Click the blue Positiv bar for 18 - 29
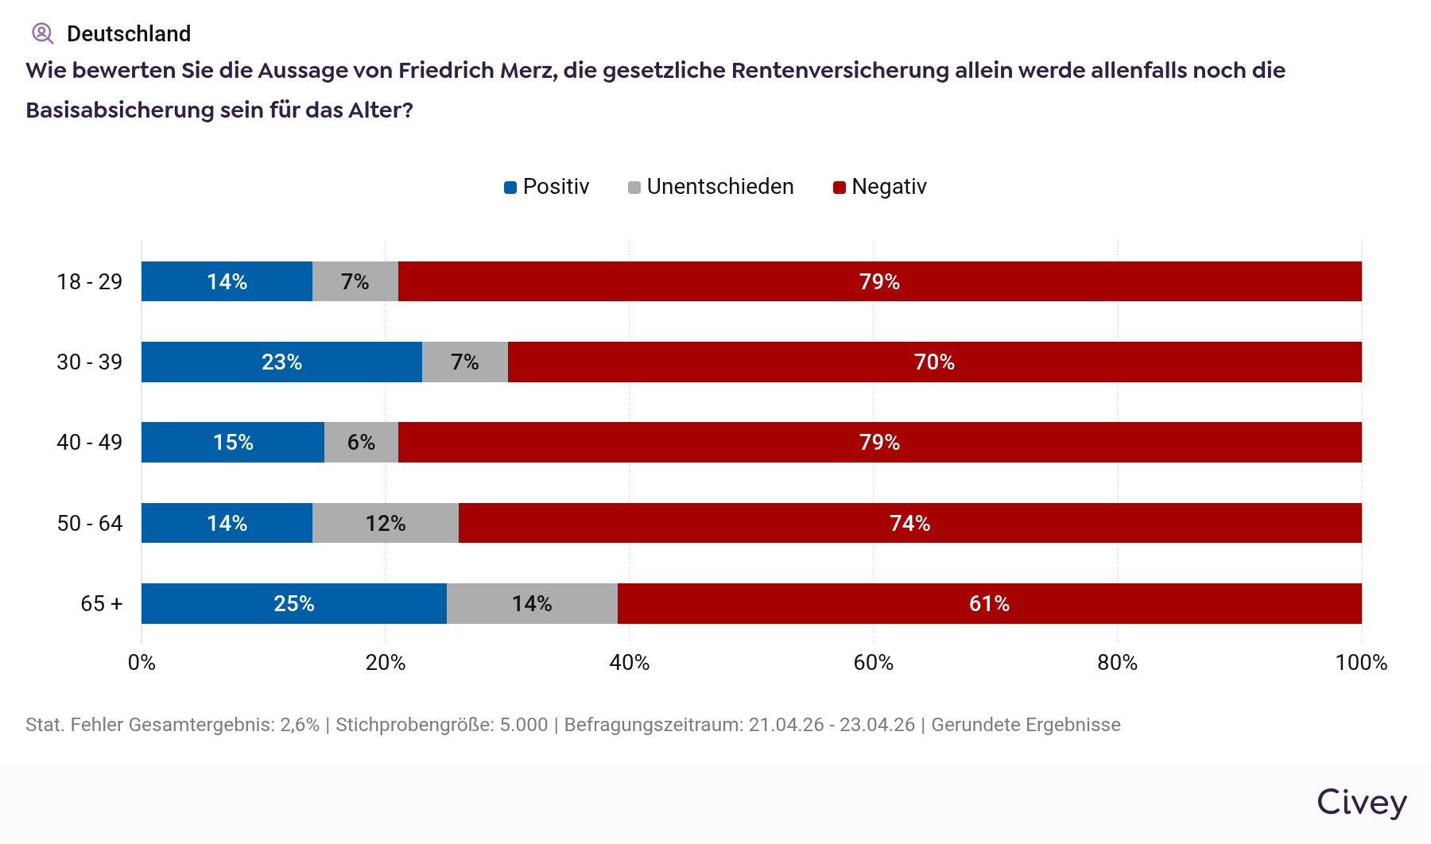[x=227, y=281]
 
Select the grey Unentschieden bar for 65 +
[x=532, y=603]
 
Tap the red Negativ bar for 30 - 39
[x=934, y=362]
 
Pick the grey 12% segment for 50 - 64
[x=386, y=523]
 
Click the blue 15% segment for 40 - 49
[x=233, y=442]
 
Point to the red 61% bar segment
[x=989, y=603]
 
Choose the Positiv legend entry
[x=547, y=187]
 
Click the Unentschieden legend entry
[x=711, y=187]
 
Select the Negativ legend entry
[x=880, y=187]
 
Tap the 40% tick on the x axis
[x=630, y=663]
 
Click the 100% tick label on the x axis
[x=1361, y=663]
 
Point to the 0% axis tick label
[x=142, y=663]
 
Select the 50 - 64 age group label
[x=90, y=523]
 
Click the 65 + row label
[x=101, y=603]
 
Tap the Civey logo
[x=1361, y=802]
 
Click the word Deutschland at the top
[x=129, y=33]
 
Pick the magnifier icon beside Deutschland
[x=42, y=33]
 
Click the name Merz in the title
[x=525, y=70]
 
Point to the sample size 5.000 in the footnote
[x=524, y=725]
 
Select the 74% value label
[x=909, y=523]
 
